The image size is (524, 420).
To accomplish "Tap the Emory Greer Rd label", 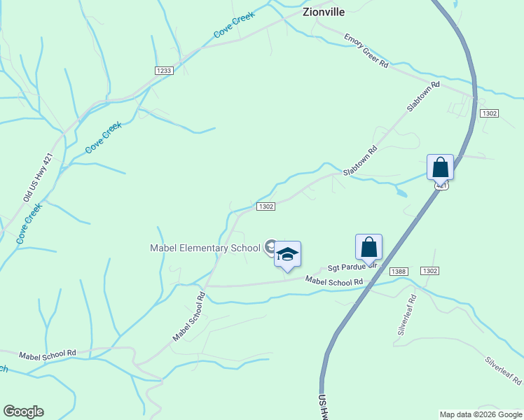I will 366,50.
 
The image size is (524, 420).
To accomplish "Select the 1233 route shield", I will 164,71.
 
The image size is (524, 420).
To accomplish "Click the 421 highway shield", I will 440,185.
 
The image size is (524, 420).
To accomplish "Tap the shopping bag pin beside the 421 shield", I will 440,168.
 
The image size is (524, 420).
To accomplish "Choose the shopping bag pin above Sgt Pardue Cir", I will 368,248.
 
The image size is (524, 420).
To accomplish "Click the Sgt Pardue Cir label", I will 353,267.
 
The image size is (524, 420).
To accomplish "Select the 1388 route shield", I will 399,271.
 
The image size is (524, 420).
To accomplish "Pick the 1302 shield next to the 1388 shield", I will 429,271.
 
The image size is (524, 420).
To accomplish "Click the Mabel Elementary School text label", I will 205,248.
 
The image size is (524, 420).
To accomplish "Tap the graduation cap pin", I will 287,255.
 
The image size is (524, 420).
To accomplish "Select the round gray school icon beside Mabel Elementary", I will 270,246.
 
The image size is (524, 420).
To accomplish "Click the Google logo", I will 23,412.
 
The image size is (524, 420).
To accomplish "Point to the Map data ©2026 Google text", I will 480,414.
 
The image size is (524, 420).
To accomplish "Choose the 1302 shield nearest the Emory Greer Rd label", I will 488,113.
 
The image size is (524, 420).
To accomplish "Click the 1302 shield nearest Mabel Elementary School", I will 265,206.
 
